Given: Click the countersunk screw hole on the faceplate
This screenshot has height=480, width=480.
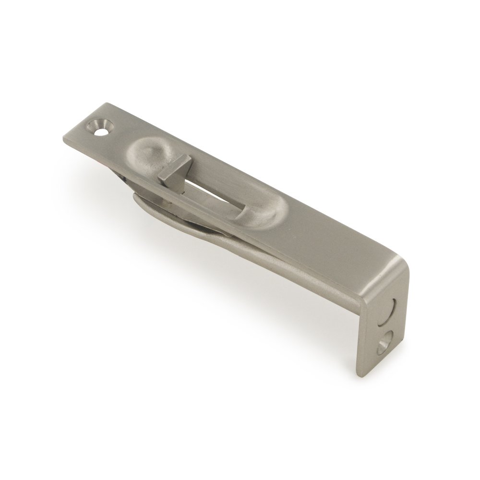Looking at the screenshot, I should tap(99, 127).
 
